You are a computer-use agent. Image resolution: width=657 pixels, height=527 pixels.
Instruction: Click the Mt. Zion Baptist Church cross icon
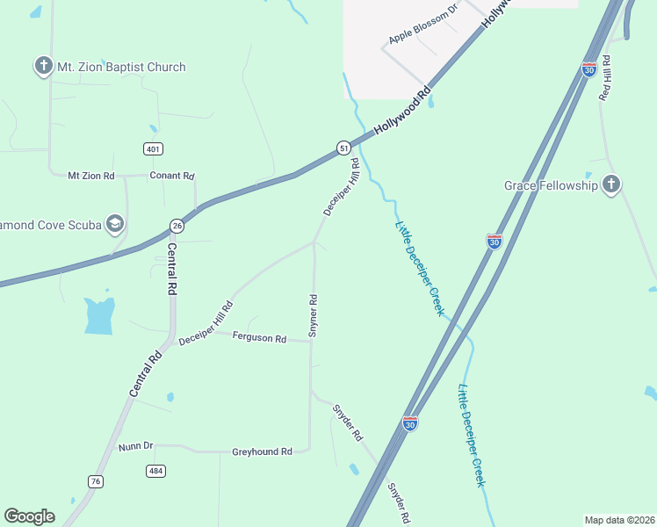coord(43,66)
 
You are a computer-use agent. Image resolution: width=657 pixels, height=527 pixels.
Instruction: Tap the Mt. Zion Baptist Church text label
coord(121,67)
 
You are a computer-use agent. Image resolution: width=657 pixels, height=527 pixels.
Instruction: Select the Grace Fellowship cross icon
coord(611,184)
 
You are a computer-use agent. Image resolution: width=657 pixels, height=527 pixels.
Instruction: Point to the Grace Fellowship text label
coord(551,185)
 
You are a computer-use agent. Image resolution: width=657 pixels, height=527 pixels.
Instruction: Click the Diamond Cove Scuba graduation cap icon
coord(114,224)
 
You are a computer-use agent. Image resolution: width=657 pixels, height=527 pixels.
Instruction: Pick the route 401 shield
coord(154,149)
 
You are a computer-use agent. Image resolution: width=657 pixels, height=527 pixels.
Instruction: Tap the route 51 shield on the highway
coord(344,149)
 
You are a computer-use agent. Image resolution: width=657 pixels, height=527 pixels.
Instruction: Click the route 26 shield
coord(177,226)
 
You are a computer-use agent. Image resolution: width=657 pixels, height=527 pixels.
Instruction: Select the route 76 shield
coord(96,480)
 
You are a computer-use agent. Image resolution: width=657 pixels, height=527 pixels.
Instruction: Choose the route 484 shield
coord(155,471)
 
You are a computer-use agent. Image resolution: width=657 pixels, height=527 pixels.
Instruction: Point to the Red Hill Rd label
coord(604,77)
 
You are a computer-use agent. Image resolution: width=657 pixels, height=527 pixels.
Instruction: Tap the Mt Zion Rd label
coord(91,176)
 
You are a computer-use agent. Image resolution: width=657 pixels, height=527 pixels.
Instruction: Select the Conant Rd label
coord(171,176)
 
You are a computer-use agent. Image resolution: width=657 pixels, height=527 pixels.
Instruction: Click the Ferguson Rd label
coord(260,338)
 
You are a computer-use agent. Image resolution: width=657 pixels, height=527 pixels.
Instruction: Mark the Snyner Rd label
coord(313,316)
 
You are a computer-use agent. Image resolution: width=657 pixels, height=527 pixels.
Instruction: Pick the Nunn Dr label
coord(135,447)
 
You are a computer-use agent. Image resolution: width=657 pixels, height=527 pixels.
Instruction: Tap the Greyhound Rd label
coord(262,451)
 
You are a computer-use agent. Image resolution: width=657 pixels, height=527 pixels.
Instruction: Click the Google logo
coord(29,516)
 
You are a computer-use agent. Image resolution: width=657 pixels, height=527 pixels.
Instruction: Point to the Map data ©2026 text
coord(619,520)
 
